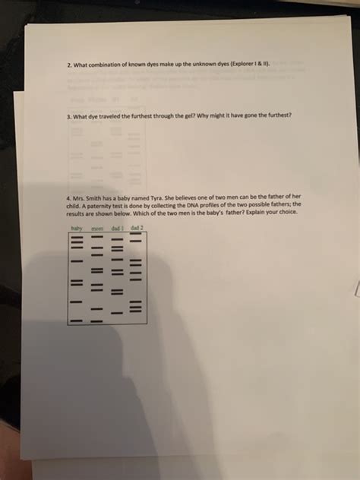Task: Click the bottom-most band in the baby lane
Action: (x=76, y=320)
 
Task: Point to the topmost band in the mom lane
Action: (x=96, y=237)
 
